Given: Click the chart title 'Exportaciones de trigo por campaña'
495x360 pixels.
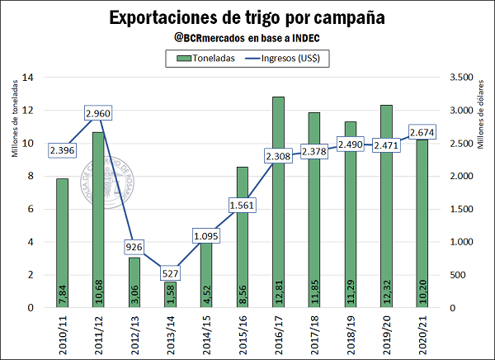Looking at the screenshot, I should (x=247, y=17).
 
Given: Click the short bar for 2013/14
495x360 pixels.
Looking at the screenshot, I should (x=170, y=295).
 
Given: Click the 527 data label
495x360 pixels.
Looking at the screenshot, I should (x=170, y=273).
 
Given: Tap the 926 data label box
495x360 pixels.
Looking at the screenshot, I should (x=135, y=247).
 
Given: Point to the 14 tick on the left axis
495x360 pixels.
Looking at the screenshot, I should (x=28, y=78).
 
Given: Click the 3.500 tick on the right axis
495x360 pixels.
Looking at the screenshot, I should (x=460, y=78).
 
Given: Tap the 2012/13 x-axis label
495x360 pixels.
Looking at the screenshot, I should (x=134, y=334).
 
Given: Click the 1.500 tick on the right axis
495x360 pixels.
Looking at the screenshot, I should (x=460, y=209).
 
